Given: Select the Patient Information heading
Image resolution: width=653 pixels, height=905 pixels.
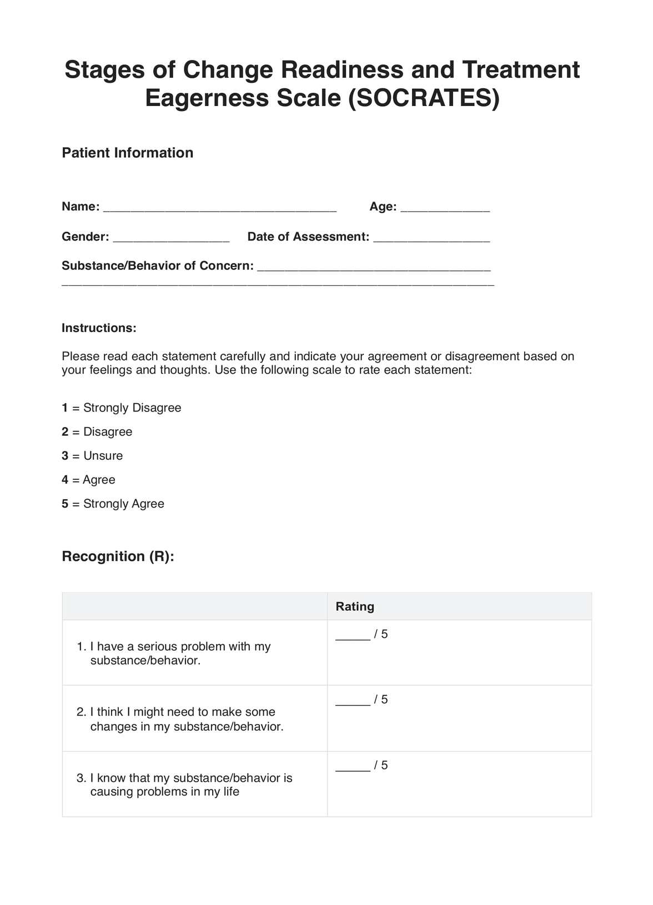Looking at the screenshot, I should pyautogui.click(x=127, y=153).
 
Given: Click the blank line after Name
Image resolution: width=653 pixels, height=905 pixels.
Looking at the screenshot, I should pyautogui.click(x=220, y=207).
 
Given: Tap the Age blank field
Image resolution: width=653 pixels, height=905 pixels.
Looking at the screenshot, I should pyautogui.click(x=445, y=207).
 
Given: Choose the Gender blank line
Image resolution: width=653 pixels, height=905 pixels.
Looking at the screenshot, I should pyautogui.click(x=171, y=237).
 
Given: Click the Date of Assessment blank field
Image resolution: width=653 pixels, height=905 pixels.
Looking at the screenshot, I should pyautogui.click(x=431, y=237).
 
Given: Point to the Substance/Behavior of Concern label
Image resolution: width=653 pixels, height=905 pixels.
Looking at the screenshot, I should pyautogui.click(x=157, y=266).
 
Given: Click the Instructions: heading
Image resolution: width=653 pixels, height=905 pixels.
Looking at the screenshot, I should pyautogui.click(x=99, y=328).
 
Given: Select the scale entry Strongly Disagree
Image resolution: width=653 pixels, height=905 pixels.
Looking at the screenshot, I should pyautogui.click(x=132, y=408).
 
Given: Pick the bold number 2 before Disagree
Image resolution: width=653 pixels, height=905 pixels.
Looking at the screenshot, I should pyautogui.click(x=65, y=432).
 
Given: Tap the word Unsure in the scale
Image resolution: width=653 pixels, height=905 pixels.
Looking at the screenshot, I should pyautogui.click(x=103, y=456).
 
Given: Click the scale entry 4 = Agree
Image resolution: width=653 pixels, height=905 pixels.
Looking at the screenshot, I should pyautogui.click(x=89, y=480).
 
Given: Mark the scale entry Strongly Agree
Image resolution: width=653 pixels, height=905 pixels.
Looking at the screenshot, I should pyautogui.click(x=123, y=504).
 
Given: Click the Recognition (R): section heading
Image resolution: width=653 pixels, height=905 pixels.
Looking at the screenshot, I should pyautogui.click(x=118, y=556).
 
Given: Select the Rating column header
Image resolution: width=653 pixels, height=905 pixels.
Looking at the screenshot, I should pyautogui.click(x=355, y=606).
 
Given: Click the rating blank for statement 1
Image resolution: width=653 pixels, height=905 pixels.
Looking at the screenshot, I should pyautogui.click(x=353, y=635).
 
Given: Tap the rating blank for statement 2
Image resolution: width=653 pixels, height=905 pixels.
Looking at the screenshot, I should pyautogui.click(x=353, y=701).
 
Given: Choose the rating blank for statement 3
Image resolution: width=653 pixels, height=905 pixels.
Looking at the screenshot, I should pyautogui.click(x=353, y=766).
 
